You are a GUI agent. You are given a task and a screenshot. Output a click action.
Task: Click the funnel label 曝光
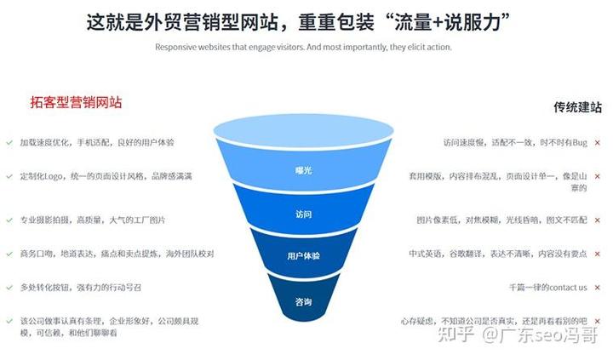click(x=303, y=170)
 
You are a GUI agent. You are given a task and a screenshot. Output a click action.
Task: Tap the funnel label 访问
click(x=303, y=214)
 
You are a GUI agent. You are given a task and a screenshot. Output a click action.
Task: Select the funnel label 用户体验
click(x=303, y=256)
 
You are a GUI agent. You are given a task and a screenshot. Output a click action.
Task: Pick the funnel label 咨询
click(x=303, y=302)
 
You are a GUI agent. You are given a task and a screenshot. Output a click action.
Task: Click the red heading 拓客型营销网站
click(x=77, y=102)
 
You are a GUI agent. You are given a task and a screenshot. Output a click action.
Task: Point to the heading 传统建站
click(x=577, y=107)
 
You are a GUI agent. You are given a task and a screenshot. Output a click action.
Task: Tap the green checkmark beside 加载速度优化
click(x=9, y=143)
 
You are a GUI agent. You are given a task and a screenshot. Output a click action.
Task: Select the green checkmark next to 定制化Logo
click(x=9, y=176)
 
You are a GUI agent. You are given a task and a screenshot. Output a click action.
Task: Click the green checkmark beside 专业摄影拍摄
click(x=9, y=220)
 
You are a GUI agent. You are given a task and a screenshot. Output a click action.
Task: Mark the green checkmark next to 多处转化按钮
click(x=9, y=288)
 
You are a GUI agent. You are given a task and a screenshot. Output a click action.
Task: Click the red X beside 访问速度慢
click(x=598, y=143)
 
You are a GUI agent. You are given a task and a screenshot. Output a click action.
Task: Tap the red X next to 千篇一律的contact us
click(x=598, y=288)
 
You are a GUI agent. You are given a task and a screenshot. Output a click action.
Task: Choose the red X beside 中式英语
click(x=598, y=254)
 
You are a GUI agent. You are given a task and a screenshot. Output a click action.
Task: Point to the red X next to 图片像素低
click(x=598, y=220)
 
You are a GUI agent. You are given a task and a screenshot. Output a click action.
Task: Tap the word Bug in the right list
click(x=580, y=143)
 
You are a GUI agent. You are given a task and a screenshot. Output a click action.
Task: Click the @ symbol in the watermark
click(x=490, y=335)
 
